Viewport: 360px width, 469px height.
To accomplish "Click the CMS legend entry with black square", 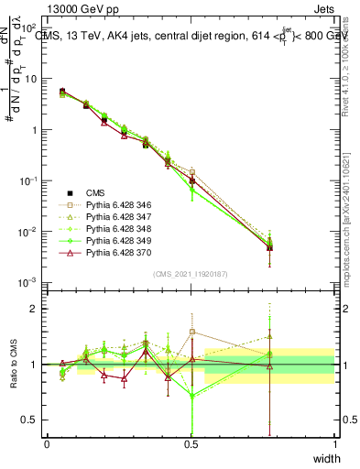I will [97, 193].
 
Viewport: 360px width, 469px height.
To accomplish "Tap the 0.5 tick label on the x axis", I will [191, 444].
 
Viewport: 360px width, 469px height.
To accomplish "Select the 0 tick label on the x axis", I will [47, 444].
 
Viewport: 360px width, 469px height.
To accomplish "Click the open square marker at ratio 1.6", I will [191, 332].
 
